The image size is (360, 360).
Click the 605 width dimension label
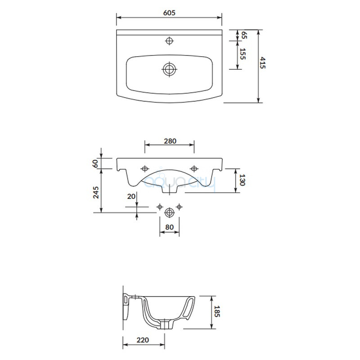click(169, 13)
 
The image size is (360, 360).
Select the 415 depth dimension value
click(262, 63)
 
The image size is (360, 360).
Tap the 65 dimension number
click(244, 35)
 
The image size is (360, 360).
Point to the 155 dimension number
click(243, 54)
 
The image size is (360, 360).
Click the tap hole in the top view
click(169, 41)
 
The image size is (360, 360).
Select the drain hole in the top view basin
click(170, 69)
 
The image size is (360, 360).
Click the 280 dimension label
click(170, 141)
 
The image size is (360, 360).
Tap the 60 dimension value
click(95, 163)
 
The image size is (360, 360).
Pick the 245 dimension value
click(96, 193)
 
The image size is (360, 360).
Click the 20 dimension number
click(131, 196)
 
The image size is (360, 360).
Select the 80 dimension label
click(170, 227)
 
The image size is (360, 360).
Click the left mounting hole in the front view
click(144, 169)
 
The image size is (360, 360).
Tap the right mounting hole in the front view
click(194, 169)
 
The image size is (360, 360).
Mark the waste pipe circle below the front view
click(170, 212)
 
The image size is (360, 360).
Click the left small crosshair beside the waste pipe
click(160, 207)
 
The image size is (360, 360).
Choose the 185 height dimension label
click(217, 311)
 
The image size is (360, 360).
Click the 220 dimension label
click(143, 340)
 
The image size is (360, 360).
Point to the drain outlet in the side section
click(165, 324)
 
